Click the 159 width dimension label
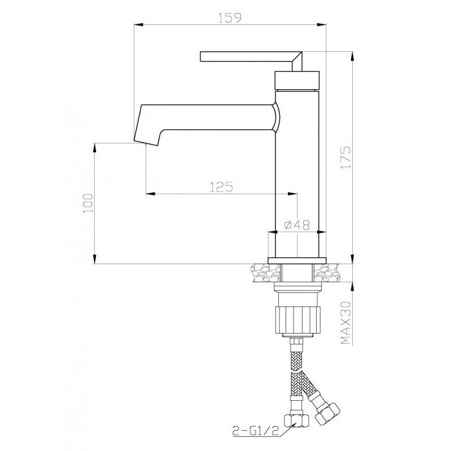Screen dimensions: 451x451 [x=230, y=18]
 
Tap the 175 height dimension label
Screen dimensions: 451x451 [x=345, y=157]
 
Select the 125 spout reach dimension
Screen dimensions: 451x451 [x=221, y=187]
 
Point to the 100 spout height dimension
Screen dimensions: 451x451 [x=88, y=203]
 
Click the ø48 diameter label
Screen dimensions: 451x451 [x=297, y=225]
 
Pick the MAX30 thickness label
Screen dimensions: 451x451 [x=345, y=322]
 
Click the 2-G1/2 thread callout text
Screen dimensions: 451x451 [x=256, y=431]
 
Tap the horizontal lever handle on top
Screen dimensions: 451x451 [x=251, y=56]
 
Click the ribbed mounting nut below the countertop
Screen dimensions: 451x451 [x=297, y=320]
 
